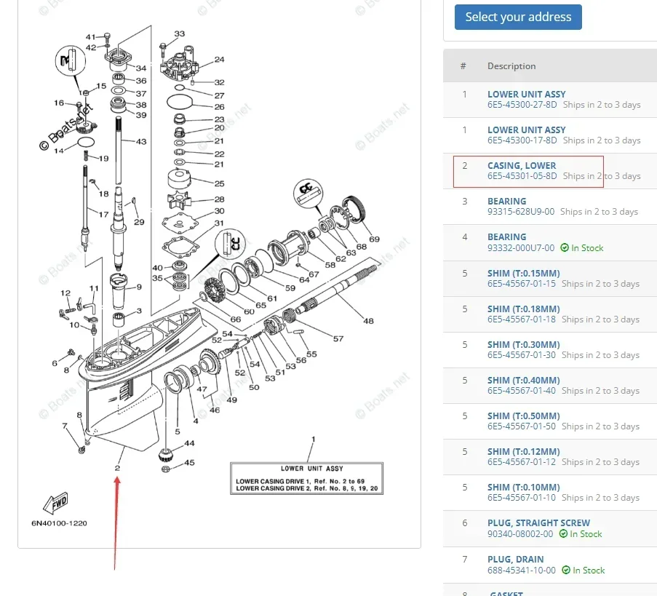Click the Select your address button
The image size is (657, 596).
pyautogui.click(x=518, y=17)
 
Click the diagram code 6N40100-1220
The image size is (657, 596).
pyautogui.click(x=59, y=523)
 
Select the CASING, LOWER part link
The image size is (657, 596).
pyautogui.click(x=521, y=166)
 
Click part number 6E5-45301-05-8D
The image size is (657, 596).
pyautogui.click(x=522, y=176)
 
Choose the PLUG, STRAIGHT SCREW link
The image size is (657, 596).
pyautogui.click(x=538, y=523)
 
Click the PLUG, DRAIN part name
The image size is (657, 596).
pyautogui.click(x=515, y=559)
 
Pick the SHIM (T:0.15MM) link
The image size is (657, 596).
pyautogui.click(x=523, y=273)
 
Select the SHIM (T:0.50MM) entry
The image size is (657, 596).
pyautogui.click(x=523, y=416)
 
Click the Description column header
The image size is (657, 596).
pyautogui.click(x=511, y=66)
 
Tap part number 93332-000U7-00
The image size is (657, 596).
pyautogui.click(x=520, y=247)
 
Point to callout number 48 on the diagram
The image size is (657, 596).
pyautogui.click(x=368, y=321)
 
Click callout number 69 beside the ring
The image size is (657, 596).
pyautogui.click(x=374, y=239)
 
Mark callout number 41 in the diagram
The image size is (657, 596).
pyautogui.click(x=90, y=36)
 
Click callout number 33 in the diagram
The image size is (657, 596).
pyautogui.click(x=179, y=34)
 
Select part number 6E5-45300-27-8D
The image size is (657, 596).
pyautogui.click(x=522, y=105)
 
